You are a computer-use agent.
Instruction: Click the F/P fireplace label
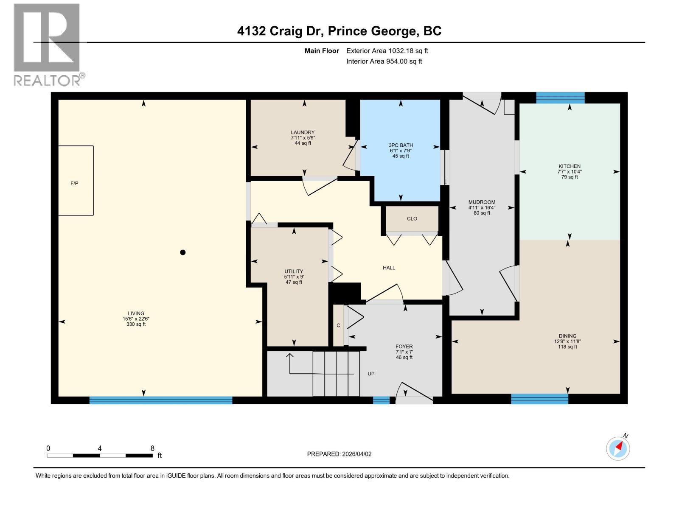pos(74,183)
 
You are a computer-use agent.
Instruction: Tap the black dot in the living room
pos(183,252)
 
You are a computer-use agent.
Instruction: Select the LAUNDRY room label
pos(303,132)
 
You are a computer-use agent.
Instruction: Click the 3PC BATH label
pos(401,145)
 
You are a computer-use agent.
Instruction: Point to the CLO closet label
pos(412,219)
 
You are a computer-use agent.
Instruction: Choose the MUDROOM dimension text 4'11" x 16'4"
pos(482,208)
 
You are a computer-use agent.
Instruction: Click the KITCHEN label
pos(570,166)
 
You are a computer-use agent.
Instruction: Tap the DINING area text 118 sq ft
pos(567,347)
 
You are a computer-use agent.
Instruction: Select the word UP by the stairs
pos(371,374)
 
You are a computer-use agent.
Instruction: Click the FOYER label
pos(404,347)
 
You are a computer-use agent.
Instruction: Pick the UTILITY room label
pos(294,271)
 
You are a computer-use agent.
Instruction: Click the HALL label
pos(389,268)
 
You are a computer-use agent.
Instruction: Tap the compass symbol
pos(618,448)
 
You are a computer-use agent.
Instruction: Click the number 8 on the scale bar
pos(152,448)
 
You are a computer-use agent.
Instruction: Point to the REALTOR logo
pos(48,45)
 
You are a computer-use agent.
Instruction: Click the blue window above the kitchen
pos(560,98)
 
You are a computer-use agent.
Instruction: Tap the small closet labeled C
pos(338,325)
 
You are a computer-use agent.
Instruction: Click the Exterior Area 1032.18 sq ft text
pos(387,51)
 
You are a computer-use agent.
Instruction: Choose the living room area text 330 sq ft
pos(136,324)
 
